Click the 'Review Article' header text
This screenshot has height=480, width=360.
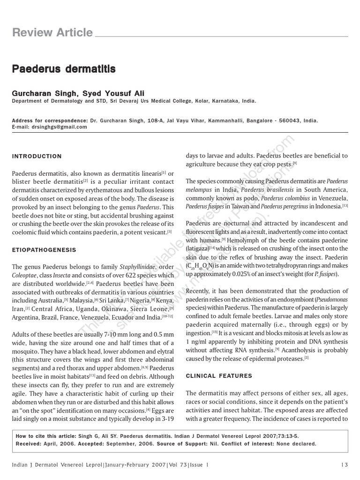tap(52, 32)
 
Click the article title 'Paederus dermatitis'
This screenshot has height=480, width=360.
tap(64, 69)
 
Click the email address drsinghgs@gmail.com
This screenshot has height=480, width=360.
tap(60, 127)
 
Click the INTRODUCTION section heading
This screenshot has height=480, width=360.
tap(37, 156)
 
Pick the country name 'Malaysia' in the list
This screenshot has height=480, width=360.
tap(82, 300)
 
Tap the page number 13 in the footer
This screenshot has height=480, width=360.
tap(345, 465)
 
